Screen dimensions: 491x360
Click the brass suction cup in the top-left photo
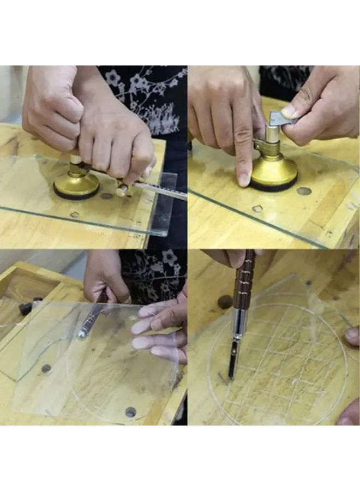76,185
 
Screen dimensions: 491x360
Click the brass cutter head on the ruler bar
122,189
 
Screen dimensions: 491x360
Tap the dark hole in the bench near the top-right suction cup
304,191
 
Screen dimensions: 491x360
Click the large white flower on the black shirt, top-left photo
113,77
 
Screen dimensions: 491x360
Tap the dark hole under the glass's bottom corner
130,412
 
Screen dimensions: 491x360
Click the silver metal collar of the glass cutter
238,327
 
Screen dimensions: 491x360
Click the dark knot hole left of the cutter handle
225,302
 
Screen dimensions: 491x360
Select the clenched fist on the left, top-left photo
52,109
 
